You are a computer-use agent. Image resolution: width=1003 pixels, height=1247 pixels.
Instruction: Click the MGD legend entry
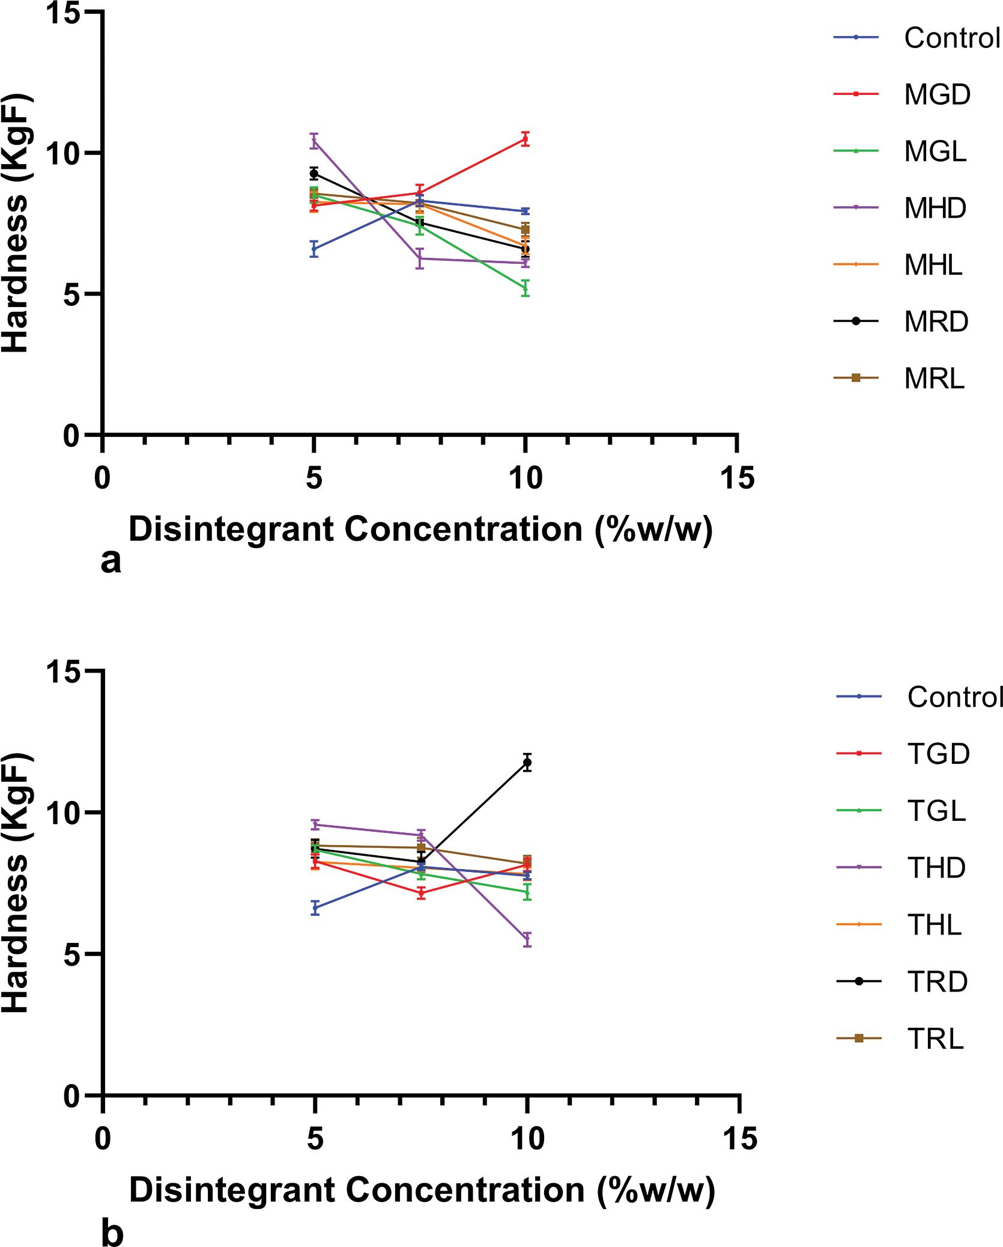[x=937, y=94]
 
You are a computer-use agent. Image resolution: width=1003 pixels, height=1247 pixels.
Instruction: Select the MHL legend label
[x=933, y=264]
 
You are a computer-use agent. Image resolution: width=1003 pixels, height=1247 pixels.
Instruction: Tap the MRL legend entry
[x=935, y=378]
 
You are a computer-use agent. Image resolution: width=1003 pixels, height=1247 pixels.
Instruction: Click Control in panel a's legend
[x=952, y=38]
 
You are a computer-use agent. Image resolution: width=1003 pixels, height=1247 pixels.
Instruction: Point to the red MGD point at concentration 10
[x=525, y=139]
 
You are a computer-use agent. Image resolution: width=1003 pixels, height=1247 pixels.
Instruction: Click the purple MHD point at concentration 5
[x=314, y=141]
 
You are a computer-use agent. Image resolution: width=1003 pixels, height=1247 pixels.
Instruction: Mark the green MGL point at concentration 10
[x=526, y=288]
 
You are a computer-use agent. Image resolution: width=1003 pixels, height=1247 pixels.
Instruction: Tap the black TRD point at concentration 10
[x=527, y=763]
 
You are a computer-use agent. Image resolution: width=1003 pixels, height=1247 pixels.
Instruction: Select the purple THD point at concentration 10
[x=527, y=940]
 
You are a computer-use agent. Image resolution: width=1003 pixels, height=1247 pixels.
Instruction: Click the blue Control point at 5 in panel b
[x=314, y=907]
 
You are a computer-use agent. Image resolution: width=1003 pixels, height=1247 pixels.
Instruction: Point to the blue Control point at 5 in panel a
[x=314, y=248]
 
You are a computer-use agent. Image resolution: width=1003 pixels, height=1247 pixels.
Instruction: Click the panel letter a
[x=111, y=561]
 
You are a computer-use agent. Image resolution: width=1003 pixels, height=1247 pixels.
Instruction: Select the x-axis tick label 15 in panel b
[x=740, y=1139]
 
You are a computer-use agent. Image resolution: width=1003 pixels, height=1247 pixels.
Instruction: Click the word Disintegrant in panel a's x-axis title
[x=232, y=529]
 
